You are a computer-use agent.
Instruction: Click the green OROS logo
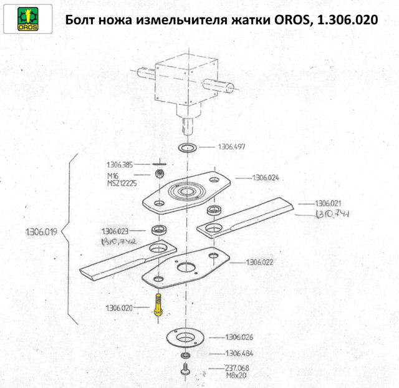(27, 19)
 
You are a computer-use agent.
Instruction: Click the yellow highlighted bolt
(158, 305)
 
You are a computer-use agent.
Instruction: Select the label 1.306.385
(120, 165)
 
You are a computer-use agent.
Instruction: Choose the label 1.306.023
(115, 231)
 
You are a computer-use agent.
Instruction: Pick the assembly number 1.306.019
(42, 231)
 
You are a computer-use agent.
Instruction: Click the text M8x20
(236, 376)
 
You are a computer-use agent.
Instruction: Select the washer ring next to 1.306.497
(187, 148)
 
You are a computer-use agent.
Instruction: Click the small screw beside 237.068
(186, 370)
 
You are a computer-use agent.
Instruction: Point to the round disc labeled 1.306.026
(186, 337)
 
